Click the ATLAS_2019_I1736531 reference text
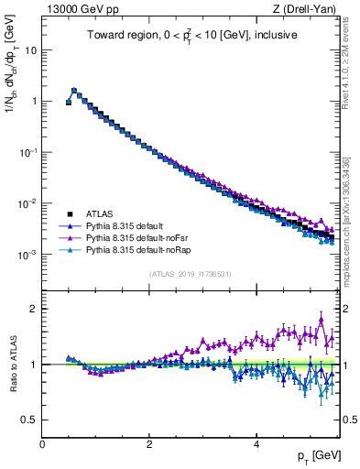tap(191, 274)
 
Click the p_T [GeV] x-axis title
tap(317, 455)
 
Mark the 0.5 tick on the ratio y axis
tap(31, 420)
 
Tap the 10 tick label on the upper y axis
tap(29, 50)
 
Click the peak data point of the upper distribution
tap(74, 91)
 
